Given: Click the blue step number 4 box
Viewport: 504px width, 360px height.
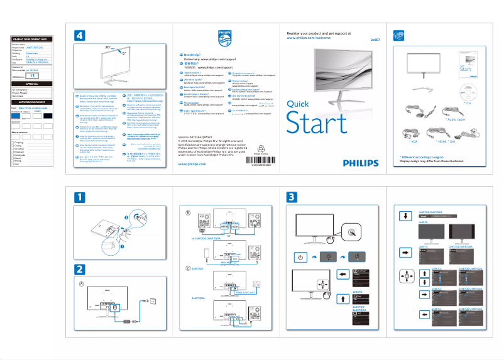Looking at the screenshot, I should click(79, 36).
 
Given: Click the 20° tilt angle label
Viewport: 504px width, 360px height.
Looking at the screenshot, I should click(108, 47).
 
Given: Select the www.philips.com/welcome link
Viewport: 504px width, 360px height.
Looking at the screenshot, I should click(309, 38).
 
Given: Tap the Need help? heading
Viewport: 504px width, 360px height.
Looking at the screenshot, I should click(192, 55).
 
